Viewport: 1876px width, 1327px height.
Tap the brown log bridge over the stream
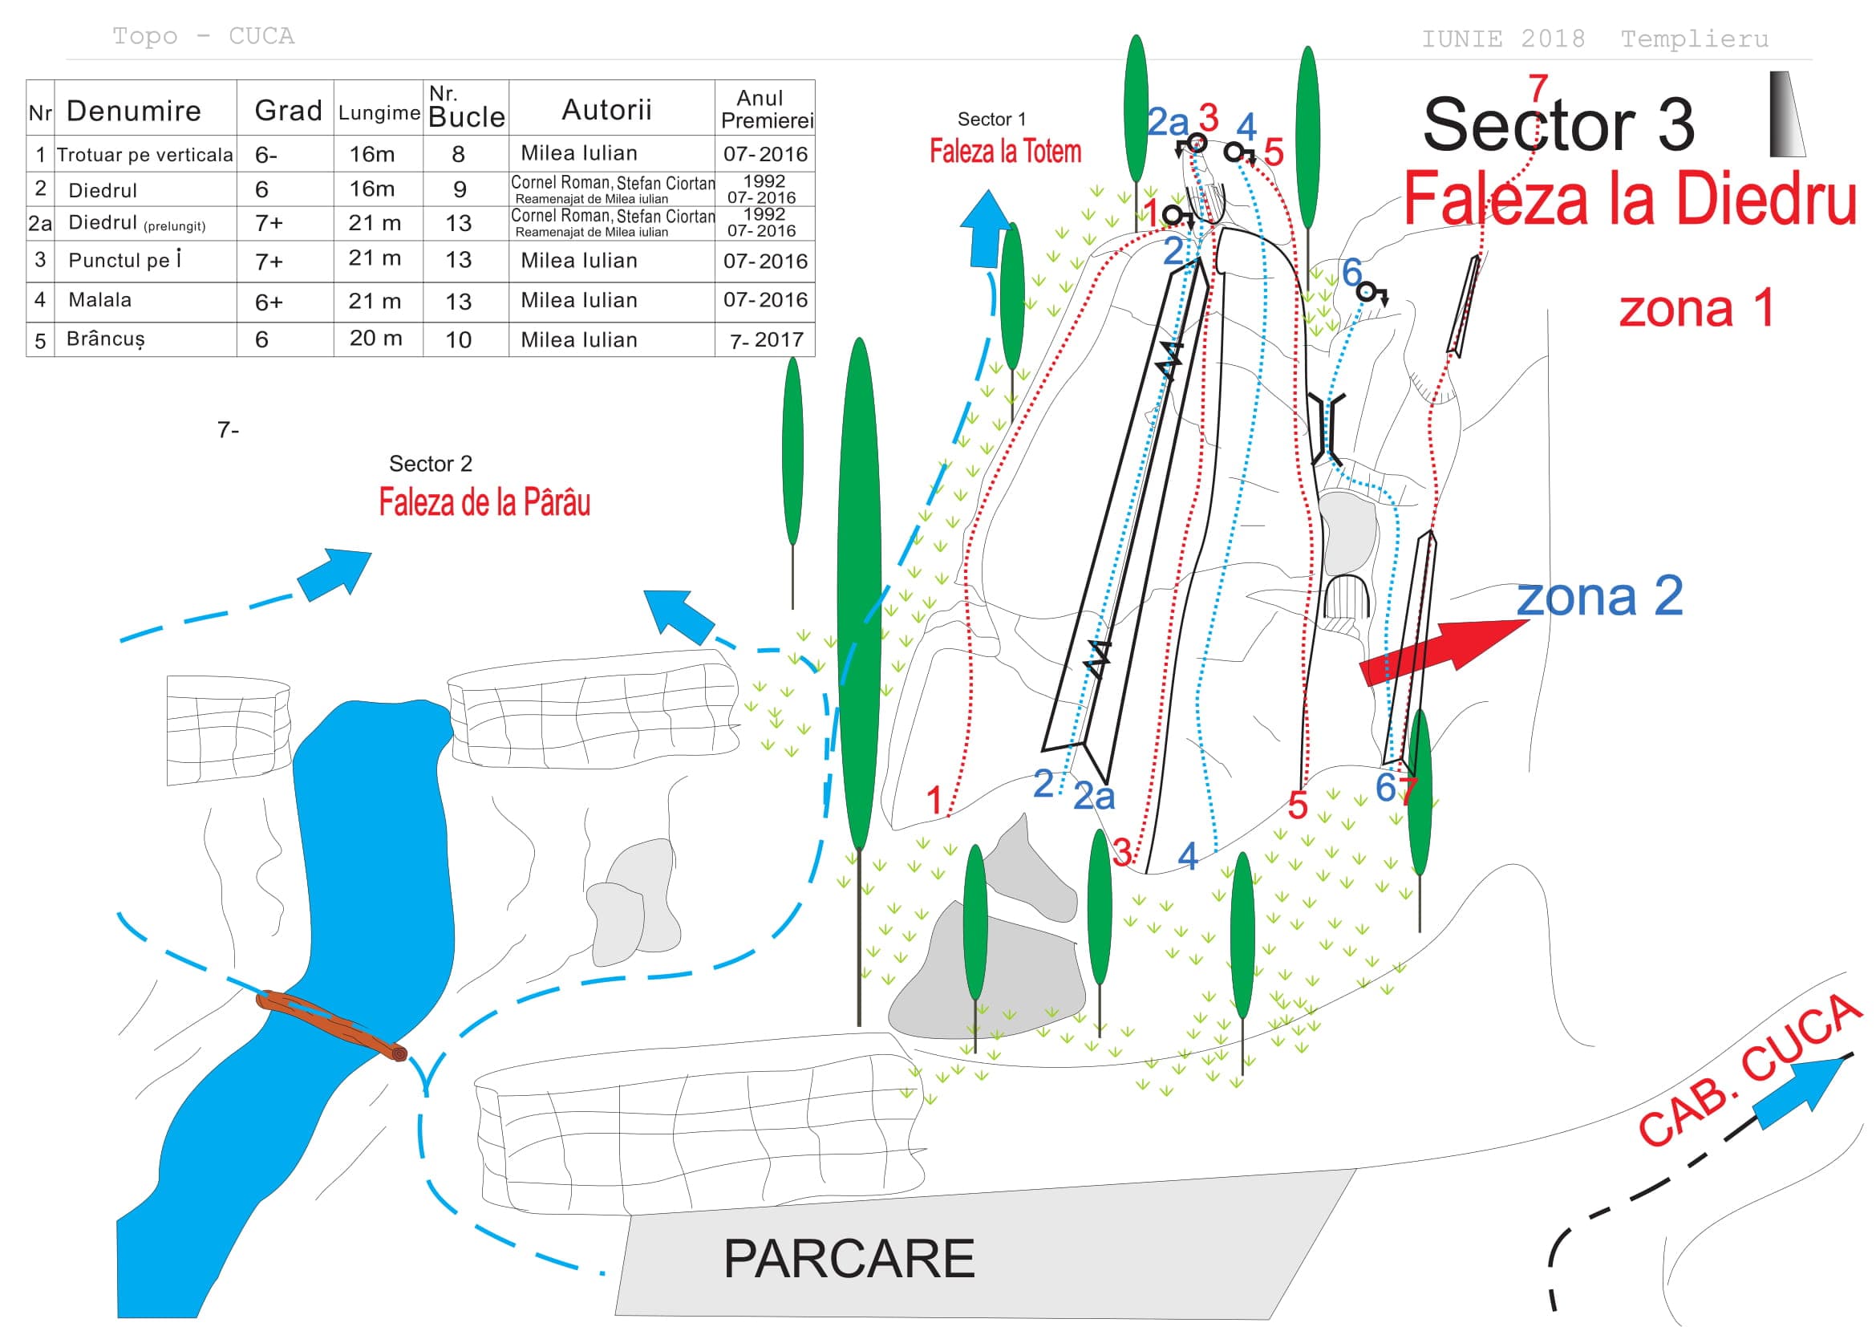tap(332, 1025)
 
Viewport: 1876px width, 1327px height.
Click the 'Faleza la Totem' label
tap(1005, 151)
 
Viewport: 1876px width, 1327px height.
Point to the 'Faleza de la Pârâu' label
tap(484, 501)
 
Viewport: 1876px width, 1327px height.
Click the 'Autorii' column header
tap(607, 109)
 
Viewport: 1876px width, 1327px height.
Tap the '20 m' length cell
tap(376, 339)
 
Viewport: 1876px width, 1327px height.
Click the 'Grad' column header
tap(289, 110)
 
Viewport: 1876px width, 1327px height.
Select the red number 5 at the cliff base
tap(1298, 806)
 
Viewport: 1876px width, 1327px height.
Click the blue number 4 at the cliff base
tap(1188, 856)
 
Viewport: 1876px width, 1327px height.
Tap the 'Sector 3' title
tap(1559, 124)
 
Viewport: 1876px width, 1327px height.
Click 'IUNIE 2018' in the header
tap(1503, 39)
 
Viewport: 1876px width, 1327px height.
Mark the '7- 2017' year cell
tap(767, 340)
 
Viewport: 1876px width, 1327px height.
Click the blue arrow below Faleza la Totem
tap(987, 229)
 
